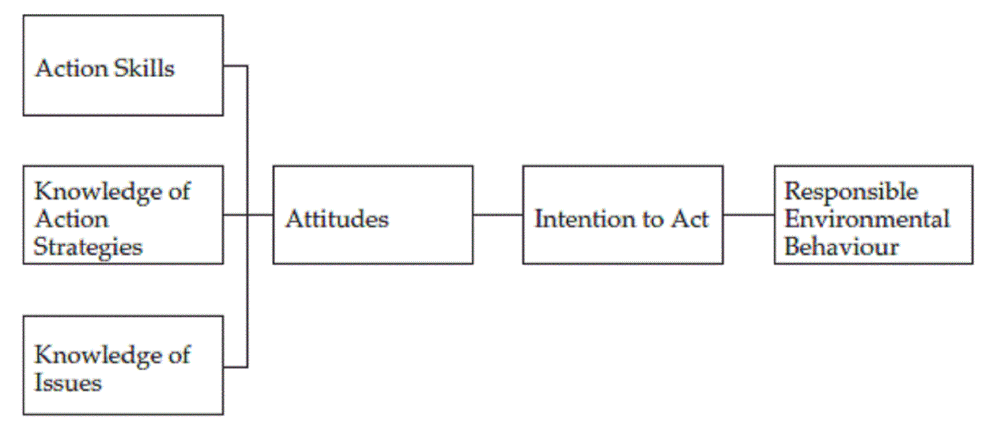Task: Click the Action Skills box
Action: (123, 65)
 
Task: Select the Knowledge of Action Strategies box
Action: (123, 214)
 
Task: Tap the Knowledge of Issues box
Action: (123, 365)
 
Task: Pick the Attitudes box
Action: (372, 214)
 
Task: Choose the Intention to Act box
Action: (622, 214)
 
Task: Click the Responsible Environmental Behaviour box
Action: (873, 214)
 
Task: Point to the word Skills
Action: (145, 68)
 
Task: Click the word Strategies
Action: (88, 247)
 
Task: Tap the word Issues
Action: (68, 383)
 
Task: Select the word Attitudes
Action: (337, 219)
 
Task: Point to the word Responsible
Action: (851, 192)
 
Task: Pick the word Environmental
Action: (867, 219)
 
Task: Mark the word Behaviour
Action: (842, 246)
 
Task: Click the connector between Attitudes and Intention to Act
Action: (498, 215)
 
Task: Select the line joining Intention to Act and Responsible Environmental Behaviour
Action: (749, 215)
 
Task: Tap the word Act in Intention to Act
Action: (690, 219)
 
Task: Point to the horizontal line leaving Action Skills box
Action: (235, 66)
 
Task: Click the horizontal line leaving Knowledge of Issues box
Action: (235, 366)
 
